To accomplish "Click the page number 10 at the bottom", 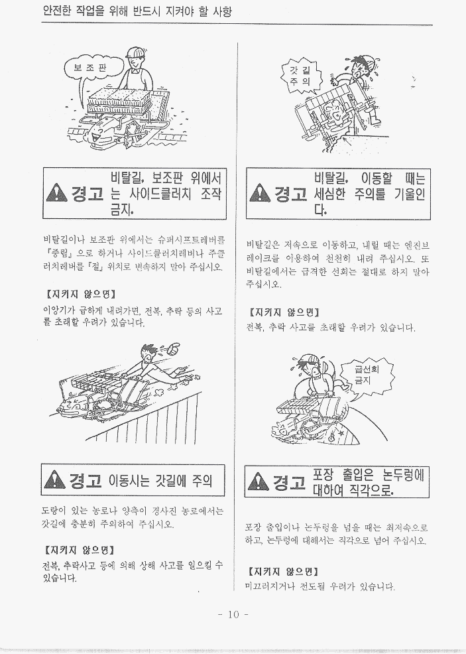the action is pyautogui.click(x=233, y=614).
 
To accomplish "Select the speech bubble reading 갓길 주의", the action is pyautogui.click(x=301, y=76).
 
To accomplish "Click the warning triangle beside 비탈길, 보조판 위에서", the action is pyautogui.click(x=56, y=193).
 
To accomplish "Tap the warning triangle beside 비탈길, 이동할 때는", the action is pyautogui.click(x=259, y=193).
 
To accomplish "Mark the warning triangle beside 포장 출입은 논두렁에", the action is pyautogui.click(x=258, y=482).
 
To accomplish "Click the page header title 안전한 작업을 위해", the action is pyautogui.click(x=137, y=11).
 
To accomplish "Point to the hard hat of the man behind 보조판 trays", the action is pyautogui.click(x=136, y=52).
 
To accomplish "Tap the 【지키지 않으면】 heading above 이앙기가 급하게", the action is pyautogui.click(x=80, y=294).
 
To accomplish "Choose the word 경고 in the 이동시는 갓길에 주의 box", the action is pyautogui.click(x=86, y=480).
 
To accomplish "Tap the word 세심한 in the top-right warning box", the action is pyautogui.click(x=329, y=194).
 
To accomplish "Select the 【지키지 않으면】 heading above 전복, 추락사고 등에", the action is pyautogui.click(x=78, y=550).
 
